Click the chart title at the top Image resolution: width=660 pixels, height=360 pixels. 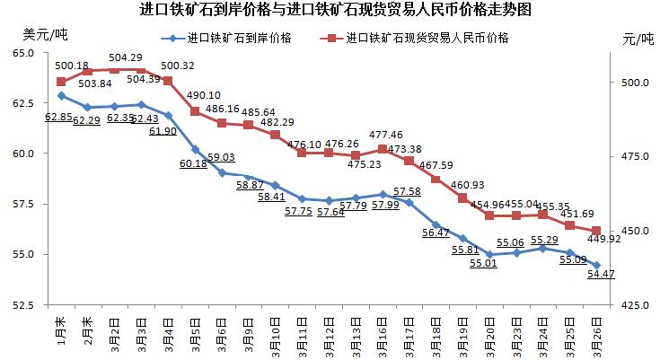tap(330, 11)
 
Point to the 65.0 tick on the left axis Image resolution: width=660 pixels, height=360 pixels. tap(22, 54)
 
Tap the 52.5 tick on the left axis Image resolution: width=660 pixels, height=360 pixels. tap(22, 305)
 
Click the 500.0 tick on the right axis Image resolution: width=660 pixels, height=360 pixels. tap(636, 83)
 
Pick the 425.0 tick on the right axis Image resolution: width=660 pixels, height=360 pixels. tap(636, 305)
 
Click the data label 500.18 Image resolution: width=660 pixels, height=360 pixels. tap(72, 66)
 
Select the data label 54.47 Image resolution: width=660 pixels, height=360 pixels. tap(602, 274)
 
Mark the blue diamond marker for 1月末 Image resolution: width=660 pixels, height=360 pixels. tap(61, 95)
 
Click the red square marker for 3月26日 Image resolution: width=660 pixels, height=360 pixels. tap(596, 232)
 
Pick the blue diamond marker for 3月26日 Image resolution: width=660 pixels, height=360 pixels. tap(596, 265)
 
